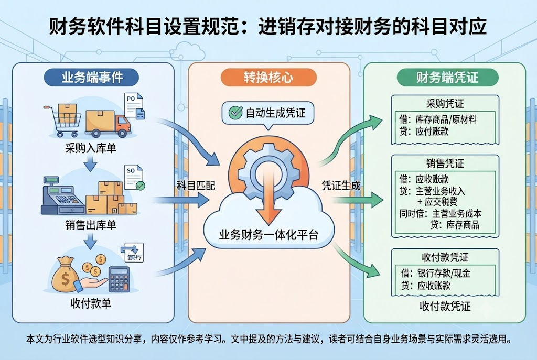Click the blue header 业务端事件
pos(92,78)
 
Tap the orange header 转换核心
pos(268,78)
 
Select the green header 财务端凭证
pos(447,78)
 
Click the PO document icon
pos(134,106)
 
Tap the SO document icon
pos(134,177)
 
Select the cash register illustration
pos(63,196)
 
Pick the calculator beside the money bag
pos(119,279)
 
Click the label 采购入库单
pos(91,148)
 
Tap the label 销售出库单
pos(91,225)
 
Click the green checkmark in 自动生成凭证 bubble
pos(235,112)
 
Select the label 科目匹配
pos(196,186)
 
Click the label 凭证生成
pos(341,186)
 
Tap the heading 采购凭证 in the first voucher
pos(445,103)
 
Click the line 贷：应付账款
pos(424,132)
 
